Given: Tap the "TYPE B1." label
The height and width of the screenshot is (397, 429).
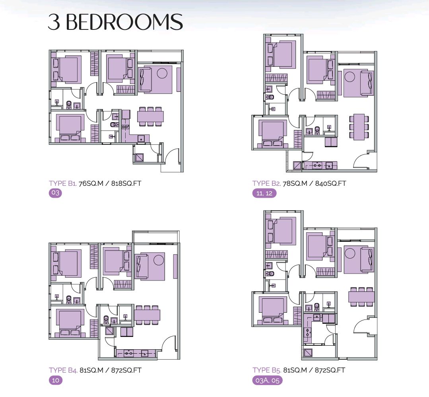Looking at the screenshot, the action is (63, 183).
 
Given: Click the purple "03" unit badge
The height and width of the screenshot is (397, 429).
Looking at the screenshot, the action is (55, 193).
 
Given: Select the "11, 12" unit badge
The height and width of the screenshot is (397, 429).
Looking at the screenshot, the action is (264, 193).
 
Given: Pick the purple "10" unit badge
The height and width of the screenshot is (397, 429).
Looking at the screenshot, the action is (56, 380).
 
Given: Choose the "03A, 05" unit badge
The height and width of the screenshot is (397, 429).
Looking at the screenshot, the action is (267, 381).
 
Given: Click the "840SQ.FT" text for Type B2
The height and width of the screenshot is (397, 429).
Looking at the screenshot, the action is (330, 183).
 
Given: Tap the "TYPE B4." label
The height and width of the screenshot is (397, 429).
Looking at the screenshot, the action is (63, 370).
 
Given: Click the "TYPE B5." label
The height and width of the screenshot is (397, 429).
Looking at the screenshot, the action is (266, 370).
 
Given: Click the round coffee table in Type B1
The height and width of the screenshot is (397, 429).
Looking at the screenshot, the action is (162, 73).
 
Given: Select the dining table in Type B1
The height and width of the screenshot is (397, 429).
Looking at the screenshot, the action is (150, 117).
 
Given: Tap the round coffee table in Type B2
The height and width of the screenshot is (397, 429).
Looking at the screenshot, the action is (349, 77).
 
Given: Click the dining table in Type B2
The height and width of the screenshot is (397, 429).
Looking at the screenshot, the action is (359, 127).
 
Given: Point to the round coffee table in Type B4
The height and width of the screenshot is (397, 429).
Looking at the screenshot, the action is (158, 260).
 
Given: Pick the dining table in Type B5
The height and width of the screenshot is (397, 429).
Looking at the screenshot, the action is (361, 296).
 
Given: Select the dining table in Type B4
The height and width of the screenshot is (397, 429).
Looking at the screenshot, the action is (147, 315).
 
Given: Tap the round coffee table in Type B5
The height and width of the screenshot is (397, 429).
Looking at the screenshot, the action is (349, 253).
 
